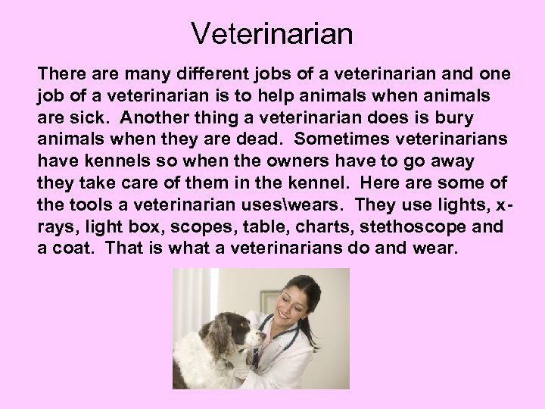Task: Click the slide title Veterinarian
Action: pos(272,33)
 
